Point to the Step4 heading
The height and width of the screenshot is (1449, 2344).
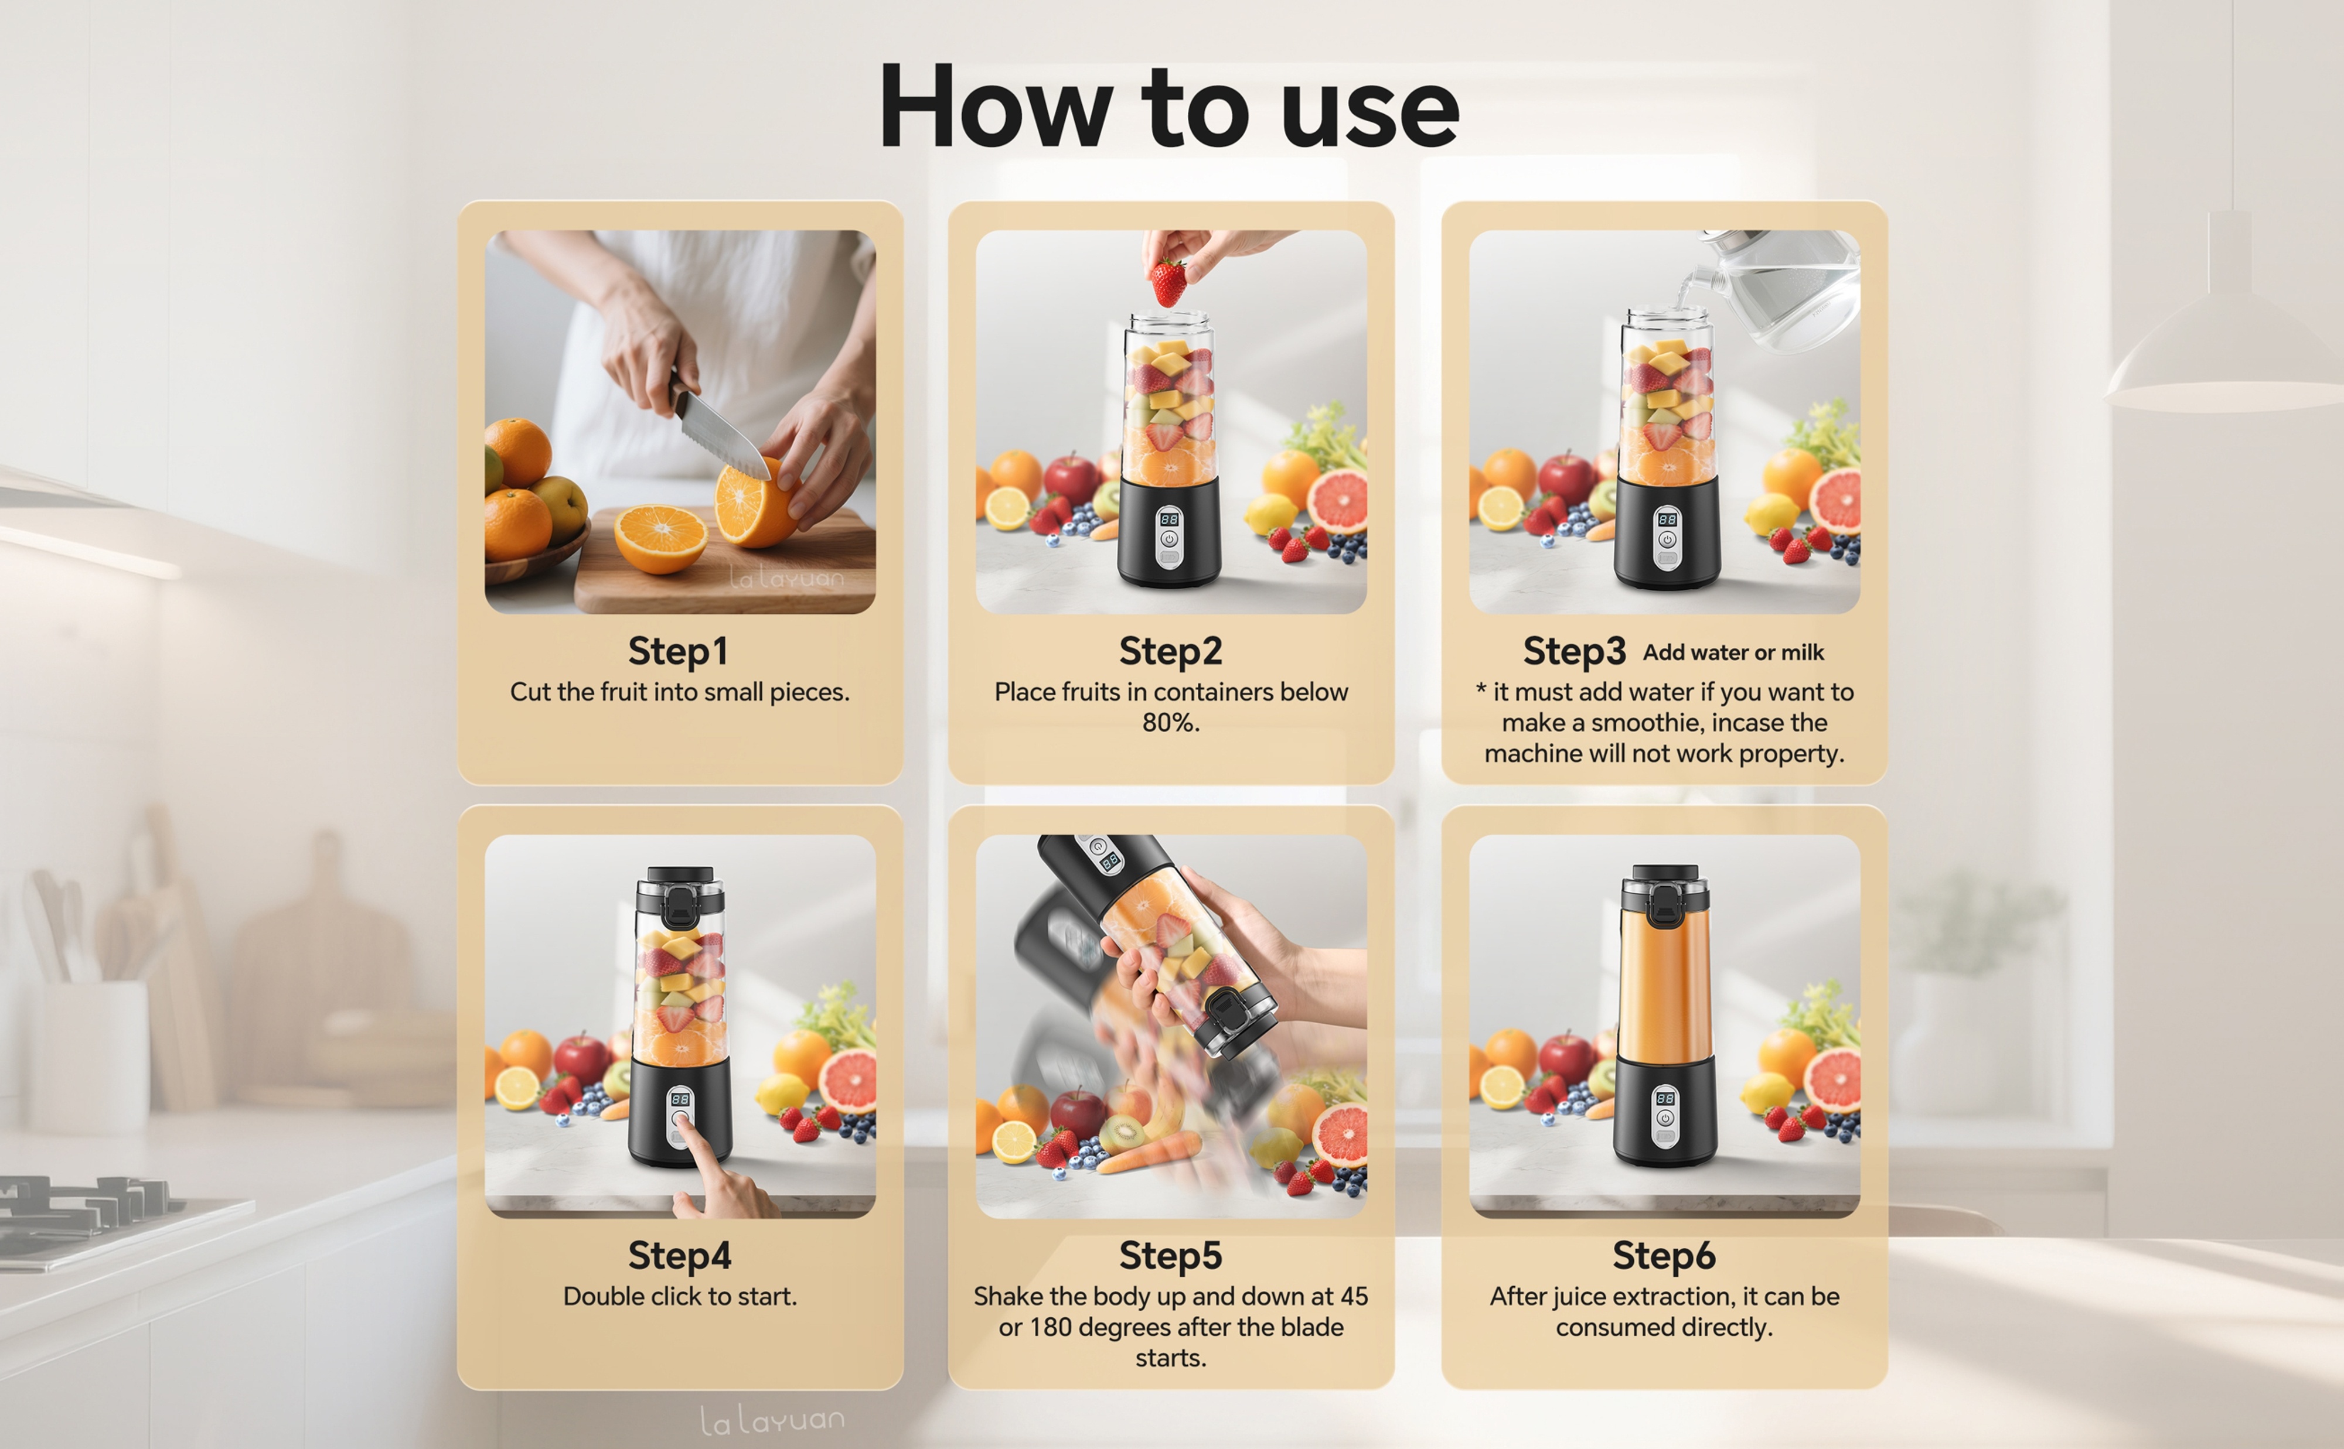click(679, 1255)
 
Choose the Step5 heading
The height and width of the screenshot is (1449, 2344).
click(1171, 1255)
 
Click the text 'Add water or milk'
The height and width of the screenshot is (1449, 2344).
click(1733, 652)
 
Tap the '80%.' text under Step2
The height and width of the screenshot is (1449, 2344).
click(1171, 723)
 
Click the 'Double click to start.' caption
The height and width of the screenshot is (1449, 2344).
click(680, 1297)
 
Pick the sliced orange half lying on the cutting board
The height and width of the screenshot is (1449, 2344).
click(660, 539)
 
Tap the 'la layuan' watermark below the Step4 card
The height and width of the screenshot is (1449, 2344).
click(772, 1419)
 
